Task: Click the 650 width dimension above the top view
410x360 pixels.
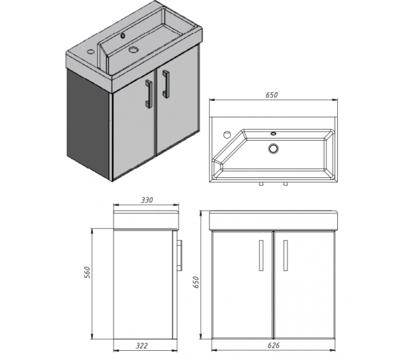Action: [x=271, y=95]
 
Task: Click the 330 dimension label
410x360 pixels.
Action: [x=147, y=200]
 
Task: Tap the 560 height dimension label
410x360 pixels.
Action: [x=87, y=272]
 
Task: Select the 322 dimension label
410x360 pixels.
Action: [x=142, y=346]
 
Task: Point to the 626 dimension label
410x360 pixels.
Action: [x=274, y=345]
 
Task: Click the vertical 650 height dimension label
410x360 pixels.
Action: [x=196, y=282]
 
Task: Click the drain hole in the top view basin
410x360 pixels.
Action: [x=273, y=148]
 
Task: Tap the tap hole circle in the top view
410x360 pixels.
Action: [x=227, y=134]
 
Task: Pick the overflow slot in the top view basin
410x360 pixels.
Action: [x=274, y=134]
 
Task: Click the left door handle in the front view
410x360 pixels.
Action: [x=261, y=255]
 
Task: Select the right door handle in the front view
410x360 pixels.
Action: [x=285, y=255]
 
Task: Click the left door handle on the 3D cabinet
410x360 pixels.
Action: [x=148, y=94]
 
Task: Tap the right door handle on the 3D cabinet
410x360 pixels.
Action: [x=166, y=84]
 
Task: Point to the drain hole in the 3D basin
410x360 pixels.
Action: [x=134, y=50]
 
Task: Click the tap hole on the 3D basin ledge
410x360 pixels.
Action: [x=90, y=51]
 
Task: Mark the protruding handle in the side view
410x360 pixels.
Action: [x=179, y=255]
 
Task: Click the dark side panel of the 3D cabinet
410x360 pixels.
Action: [x=88, y=125]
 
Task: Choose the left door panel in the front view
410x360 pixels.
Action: [x=242, y=284]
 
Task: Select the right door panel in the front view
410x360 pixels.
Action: [x=304, y=284]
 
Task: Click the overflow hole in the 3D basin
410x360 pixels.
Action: [x=122, y=36]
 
